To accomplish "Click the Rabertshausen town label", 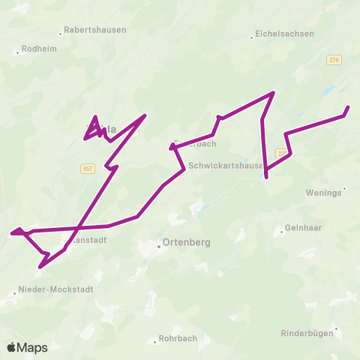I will pos(95,30).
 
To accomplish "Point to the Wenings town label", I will pos(323,193).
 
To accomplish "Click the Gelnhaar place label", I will pos(303,228).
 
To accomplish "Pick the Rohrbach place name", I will pos(178,338).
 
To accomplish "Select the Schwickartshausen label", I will pos(226,166).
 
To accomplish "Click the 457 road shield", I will pos(88,169).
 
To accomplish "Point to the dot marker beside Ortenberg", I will pos(159,244).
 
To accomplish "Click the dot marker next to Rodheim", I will pos(17,52).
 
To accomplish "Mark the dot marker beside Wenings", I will pos(344,188).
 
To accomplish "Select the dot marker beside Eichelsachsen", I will pos(251,35).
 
